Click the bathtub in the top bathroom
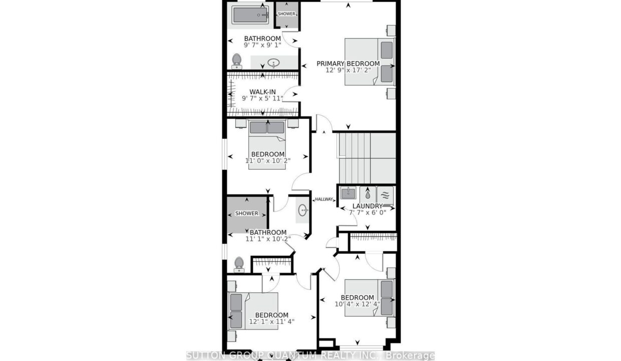pos(250,15)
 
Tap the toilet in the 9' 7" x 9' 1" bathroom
pos(236,61)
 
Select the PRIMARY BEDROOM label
pos(348,64)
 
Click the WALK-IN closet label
pos(262,92)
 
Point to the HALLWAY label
pos(324,199)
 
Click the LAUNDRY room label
pos(367,206)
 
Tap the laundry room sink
pos(348,193)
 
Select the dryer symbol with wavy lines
pos(385,195)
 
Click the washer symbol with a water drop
pos(368,194)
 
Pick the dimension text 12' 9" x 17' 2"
pos(348,70)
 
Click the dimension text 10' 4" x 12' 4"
pos(358,304)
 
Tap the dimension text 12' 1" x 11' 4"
pos(271,321)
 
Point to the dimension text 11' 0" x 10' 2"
pos(268,160)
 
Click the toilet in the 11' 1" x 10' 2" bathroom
pos(239,265)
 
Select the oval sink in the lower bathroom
pos(303,210)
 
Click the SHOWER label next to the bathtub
pos(286,14)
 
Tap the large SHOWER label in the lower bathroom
pos(247,214)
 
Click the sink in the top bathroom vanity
pos(273,63)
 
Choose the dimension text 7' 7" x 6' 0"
pos(367,213)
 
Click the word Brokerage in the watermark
pos(410,355)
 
